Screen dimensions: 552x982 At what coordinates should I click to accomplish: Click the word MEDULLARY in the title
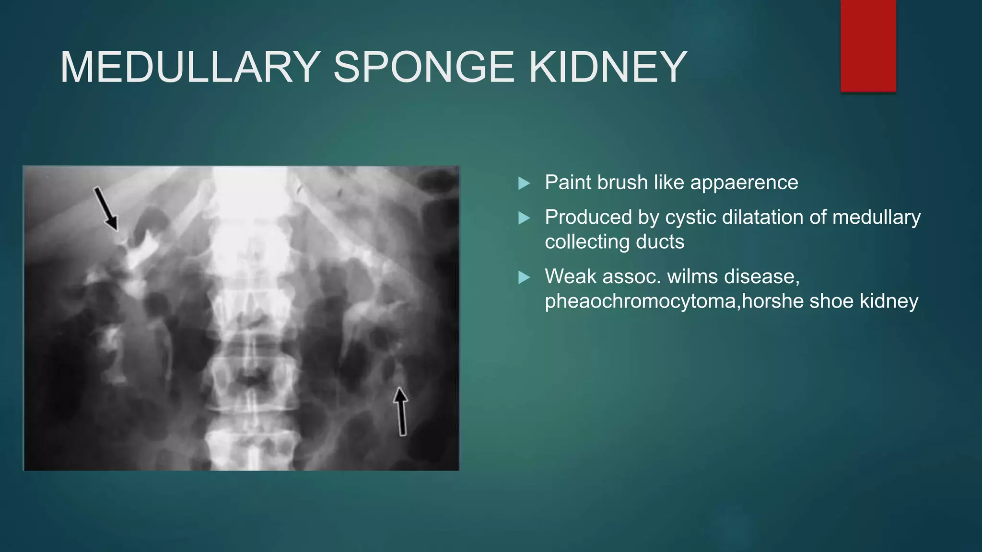click(190, 67)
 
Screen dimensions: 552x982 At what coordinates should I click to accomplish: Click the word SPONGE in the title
click(424, 67)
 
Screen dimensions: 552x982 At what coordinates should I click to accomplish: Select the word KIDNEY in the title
click(608, 67)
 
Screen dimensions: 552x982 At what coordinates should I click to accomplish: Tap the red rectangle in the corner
click(868, 46)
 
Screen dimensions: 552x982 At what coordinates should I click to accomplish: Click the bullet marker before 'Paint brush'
click(524, 183)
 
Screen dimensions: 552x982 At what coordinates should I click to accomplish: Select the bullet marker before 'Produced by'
click(524, 218)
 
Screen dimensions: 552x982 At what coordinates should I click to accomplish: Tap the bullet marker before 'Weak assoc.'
click(524, 277)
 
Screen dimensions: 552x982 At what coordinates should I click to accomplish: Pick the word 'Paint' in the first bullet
click(565, 183)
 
